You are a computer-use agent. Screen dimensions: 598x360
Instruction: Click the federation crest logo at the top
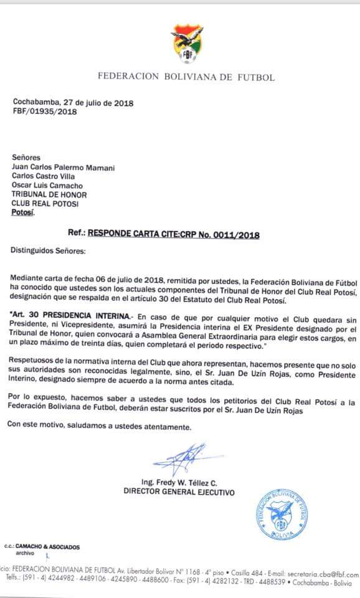(186, 44)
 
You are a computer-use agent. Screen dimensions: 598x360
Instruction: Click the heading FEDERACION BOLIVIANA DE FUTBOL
(186, 77)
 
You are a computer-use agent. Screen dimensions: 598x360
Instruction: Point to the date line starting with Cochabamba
(73, 103)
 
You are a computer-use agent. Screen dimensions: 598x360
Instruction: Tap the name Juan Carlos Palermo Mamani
(63, 168)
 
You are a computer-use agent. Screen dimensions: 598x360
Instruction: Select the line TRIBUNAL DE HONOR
(47, 194)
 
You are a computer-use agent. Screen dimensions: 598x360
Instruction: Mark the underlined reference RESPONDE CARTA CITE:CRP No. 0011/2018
(173, 235)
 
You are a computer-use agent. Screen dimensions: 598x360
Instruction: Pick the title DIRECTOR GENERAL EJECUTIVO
(179, 492)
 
